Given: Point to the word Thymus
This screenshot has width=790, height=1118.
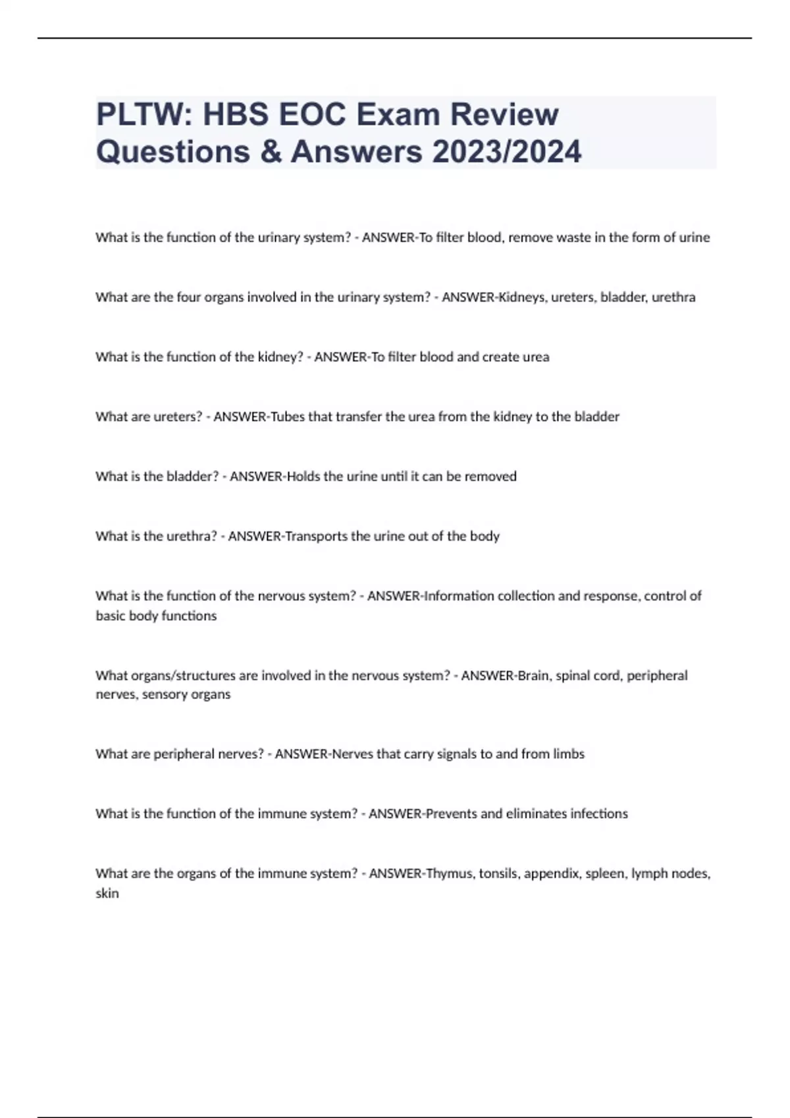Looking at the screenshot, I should click(x=450, y=874).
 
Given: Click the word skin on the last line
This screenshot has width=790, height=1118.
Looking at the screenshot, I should click(x=107, y=894).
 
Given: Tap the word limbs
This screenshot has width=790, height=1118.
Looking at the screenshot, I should click(x=569, y=754).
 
